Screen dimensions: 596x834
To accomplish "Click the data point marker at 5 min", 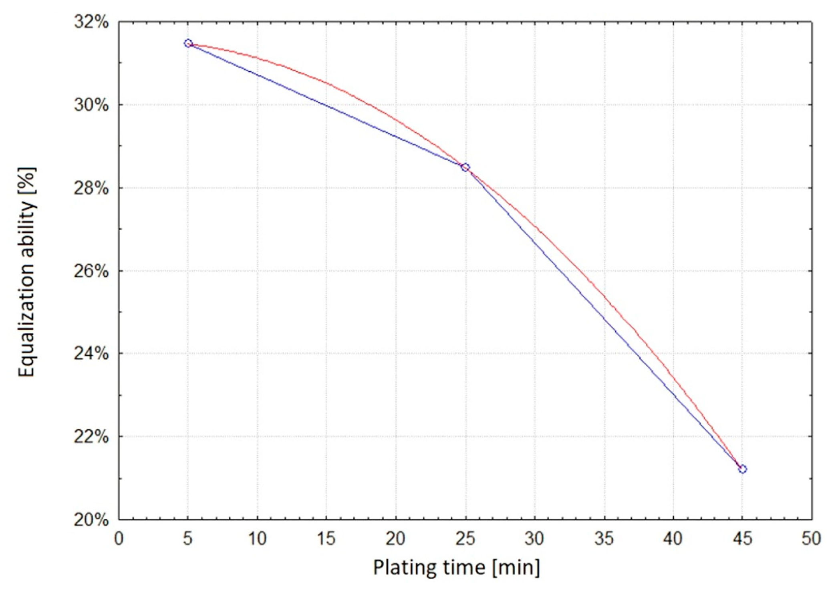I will click(188, 43).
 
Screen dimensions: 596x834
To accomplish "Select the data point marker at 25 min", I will click(465, 167).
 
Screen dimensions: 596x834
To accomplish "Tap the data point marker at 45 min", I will click(742, 469).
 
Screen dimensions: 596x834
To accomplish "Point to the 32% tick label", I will click(91, 22).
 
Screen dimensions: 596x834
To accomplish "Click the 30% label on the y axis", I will click(91, 105).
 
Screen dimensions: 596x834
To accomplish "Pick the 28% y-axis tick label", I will click(91, 188).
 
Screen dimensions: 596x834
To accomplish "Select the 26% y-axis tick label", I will click(91, 271).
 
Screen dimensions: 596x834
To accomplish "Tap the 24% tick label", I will click(91, 354).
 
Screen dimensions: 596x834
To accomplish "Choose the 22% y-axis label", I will click(91, 437).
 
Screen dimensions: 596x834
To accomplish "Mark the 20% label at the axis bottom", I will click(91, 520).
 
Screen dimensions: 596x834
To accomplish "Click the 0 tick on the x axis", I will click(119, 539).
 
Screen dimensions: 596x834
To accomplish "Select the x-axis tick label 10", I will click(257, 539).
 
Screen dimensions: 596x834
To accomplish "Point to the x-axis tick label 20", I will click(395, 539).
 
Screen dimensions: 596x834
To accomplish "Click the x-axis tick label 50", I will click(811, 539).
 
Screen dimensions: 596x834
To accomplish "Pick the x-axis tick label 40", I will click(673, 539).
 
